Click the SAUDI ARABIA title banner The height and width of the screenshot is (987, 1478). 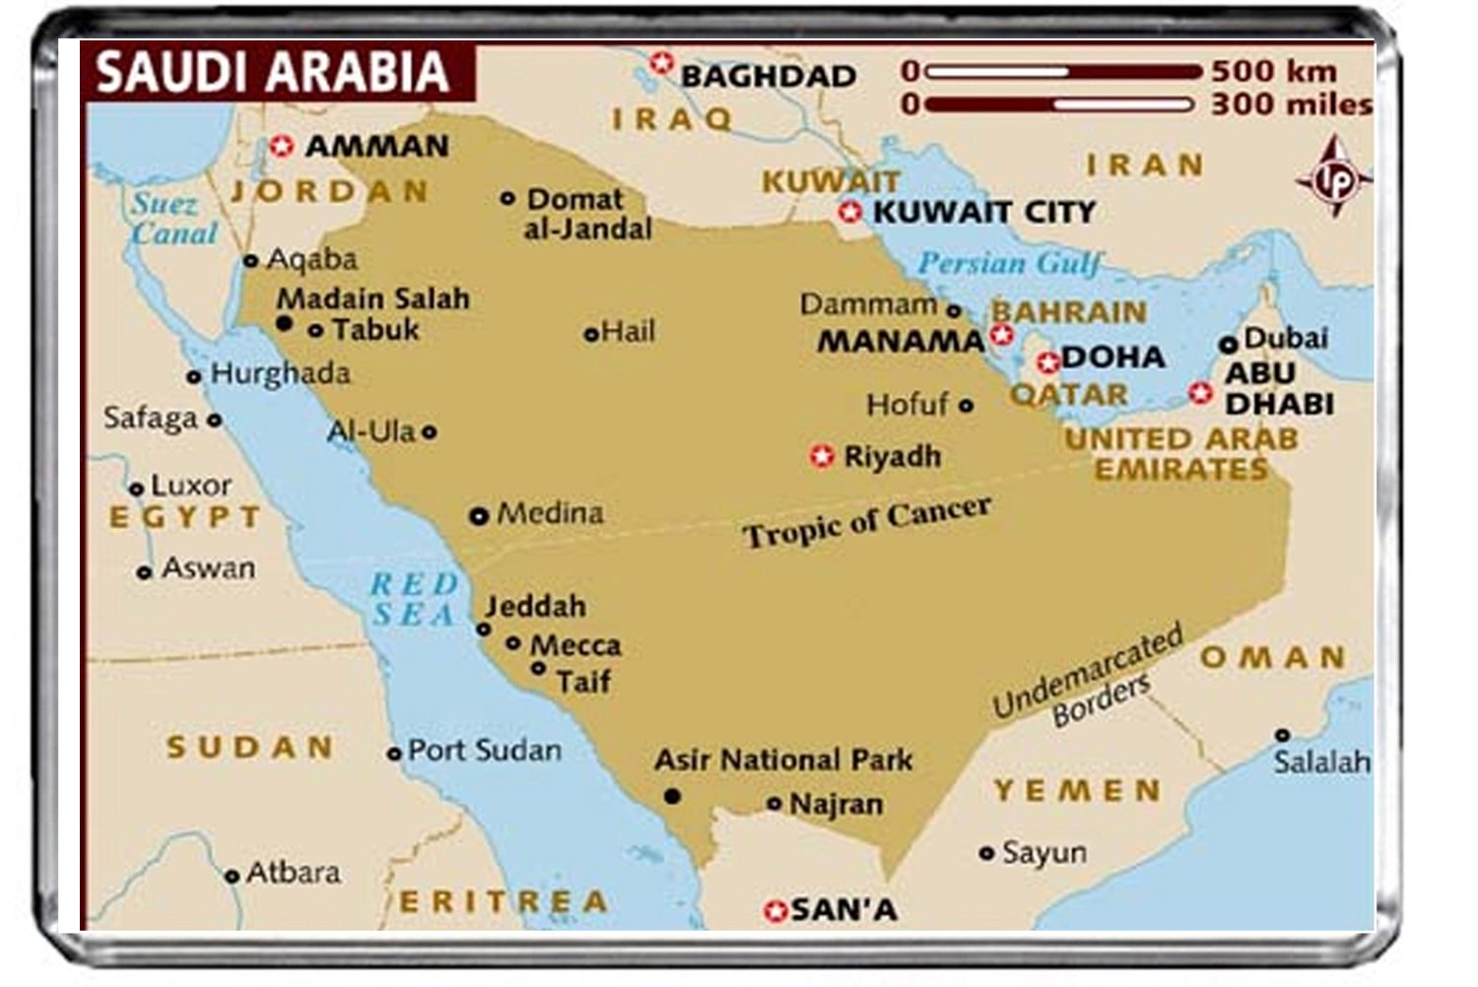pos(273,73)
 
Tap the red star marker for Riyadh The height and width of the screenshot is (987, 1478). pos(822,456)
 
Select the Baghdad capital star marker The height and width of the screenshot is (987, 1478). pos(661,63)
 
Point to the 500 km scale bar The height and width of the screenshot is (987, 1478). pos(1063,72)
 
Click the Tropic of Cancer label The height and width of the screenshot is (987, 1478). pos(866,521)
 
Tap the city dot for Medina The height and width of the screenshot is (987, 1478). pos(479,515)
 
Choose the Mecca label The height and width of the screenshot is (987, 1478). pos(575,645)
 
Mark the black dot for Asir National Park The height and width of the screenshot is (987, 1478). pos(672,795)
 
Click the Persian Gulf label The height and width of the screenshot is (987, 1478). pos(1008,263)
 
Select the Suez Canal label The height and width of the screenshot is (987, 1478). pos(173,219)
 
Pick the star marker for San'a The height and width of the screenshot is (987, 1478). pos(775,911)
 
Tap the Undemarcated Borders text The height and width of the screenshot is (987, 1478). pos(1089,680)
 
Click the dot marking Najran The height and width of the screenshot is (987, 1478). pos(774,804)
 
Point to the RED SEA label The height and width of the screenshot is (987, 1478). pos(414,599)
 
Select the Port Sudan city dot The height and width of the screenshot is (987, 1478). pos(394,754)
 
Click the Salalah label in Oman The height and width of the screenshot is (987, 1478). pos(1321,761)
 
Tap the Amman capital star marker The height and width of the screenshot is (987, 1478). pos(282,147)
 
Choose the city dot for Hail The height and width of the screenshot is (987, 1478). pos(590,335)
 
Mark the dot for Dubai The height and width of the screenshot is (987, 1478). pos(1228,345)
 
